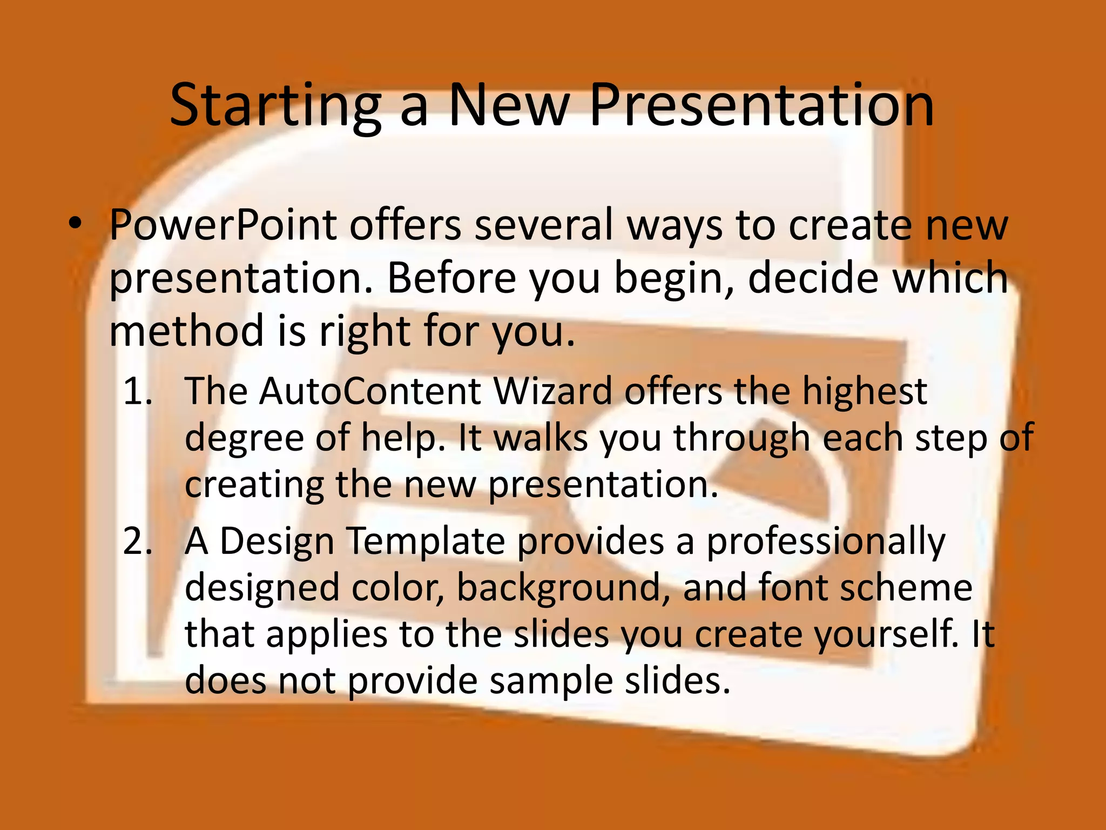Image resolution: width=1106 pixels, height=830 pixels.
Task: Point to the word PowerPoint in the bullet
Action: (x=222, y=225)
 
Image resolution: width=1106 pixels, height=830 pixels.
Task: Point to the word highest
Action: (x=864, y=391)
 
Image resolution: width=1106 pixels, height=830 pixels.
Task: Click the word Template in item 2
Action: (x=425, y=541)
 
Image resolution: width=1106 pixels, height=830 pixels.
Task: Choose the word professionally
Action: (x=826, y=542)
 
